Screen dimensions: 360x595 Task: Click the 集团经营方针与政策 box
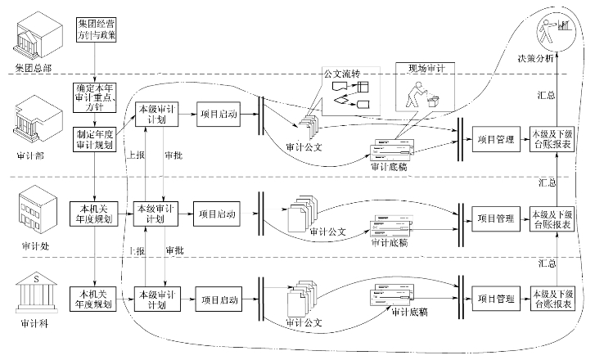[96, 29]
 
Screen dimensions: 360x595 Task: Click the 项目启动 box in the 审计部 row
[218, 115]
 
